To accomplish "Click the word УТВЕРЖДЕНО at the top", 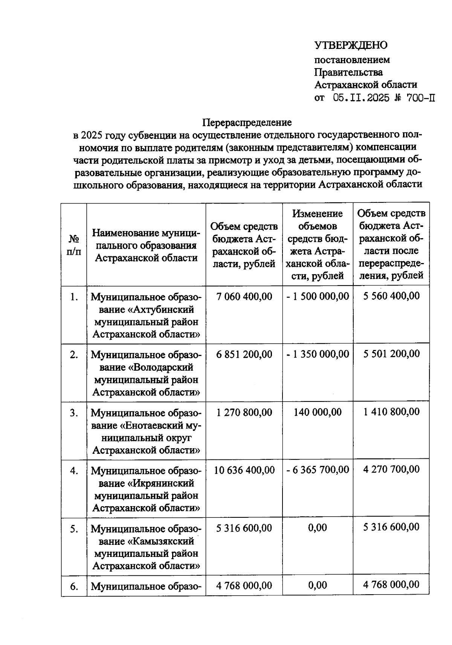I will pyautogui.click(x=351, y=46).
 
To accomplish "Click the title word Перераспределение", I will pyautogui.click(x=247, y=122).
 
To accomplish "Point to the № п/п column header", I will pyautogui.click(x=74, y=245).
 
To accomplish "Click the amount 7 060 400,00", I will pyautogui.click(x=244, y=297).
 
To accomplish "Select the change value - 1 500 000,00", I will pyautogui.click(x=318, y=296).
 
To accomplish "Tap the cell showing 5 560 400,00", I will pyautogui.click(x=391, y=296).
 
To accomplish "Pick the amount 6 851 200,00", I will pyautogui.click(x=244, y=354).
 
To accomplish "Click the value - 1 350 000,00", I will pyautogui.click(x=318, y=354).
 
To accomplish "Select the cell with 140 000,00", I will pyautogui.click(x=318, y=412).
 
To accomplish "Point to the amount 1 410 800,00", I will pyautogui.click(x=391, y=412).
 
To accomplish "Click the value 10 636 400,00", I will pyautogui.click(x=244, y=470).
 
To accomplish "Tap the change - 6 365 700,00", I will pyautogui.click(x=318, y=470).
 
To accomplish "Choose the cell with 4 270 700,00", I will pyautogui.click(x=391, y=469).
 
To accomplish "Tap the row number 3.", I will pyautogui.click(x=74, y=413).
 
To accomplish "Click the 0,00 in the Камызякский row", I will pyautogui.click(x=318, y=528).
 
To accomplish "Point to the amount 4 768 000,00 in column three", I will pyautogui.click(x=244, y=586).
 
